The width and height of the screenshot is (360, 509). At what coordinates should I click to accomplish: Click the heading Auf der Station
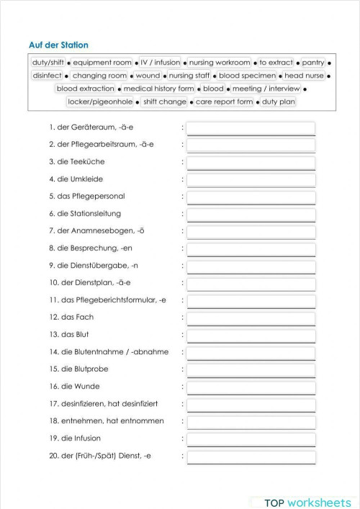point(59,45)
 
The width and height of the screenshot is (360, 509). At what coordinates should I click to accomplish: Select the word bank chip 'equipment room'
point(102,63)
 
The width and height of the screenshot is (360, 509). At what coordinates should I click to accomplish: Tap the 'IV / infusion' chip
point(161,63)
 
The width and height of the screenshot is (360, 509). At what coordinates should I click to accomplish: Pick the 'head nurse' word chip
point(304,75)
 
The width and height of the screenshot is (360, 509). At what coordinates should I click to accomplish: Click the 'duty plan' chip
point(279,102)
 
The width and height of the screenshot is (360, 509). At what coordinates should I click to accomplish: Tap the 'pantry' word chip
point(313,63)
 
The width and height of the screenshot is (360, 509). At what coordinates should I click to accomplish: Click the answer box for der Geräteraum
point(251,127)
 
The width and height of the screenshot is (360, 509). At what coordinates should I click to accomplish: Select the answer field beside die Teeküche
point(251,162)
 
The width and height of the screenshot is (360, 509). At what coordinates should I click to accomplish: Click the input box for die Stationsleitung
point(251,214)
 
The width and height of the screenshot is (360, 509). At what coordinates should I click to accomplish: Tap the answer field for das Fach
point(251,317)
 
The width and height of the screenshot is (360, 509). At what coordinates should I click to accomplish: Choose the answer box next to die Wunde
point(251,387)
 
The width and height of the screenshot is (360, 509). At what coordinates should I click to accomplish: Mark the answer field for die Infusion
point(251,438)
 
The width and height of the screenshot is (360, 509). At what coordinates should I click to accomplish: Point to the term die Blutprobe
point(81,369)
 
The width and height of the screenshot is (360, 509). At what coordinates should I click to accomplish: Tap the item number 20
point(53,455)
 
